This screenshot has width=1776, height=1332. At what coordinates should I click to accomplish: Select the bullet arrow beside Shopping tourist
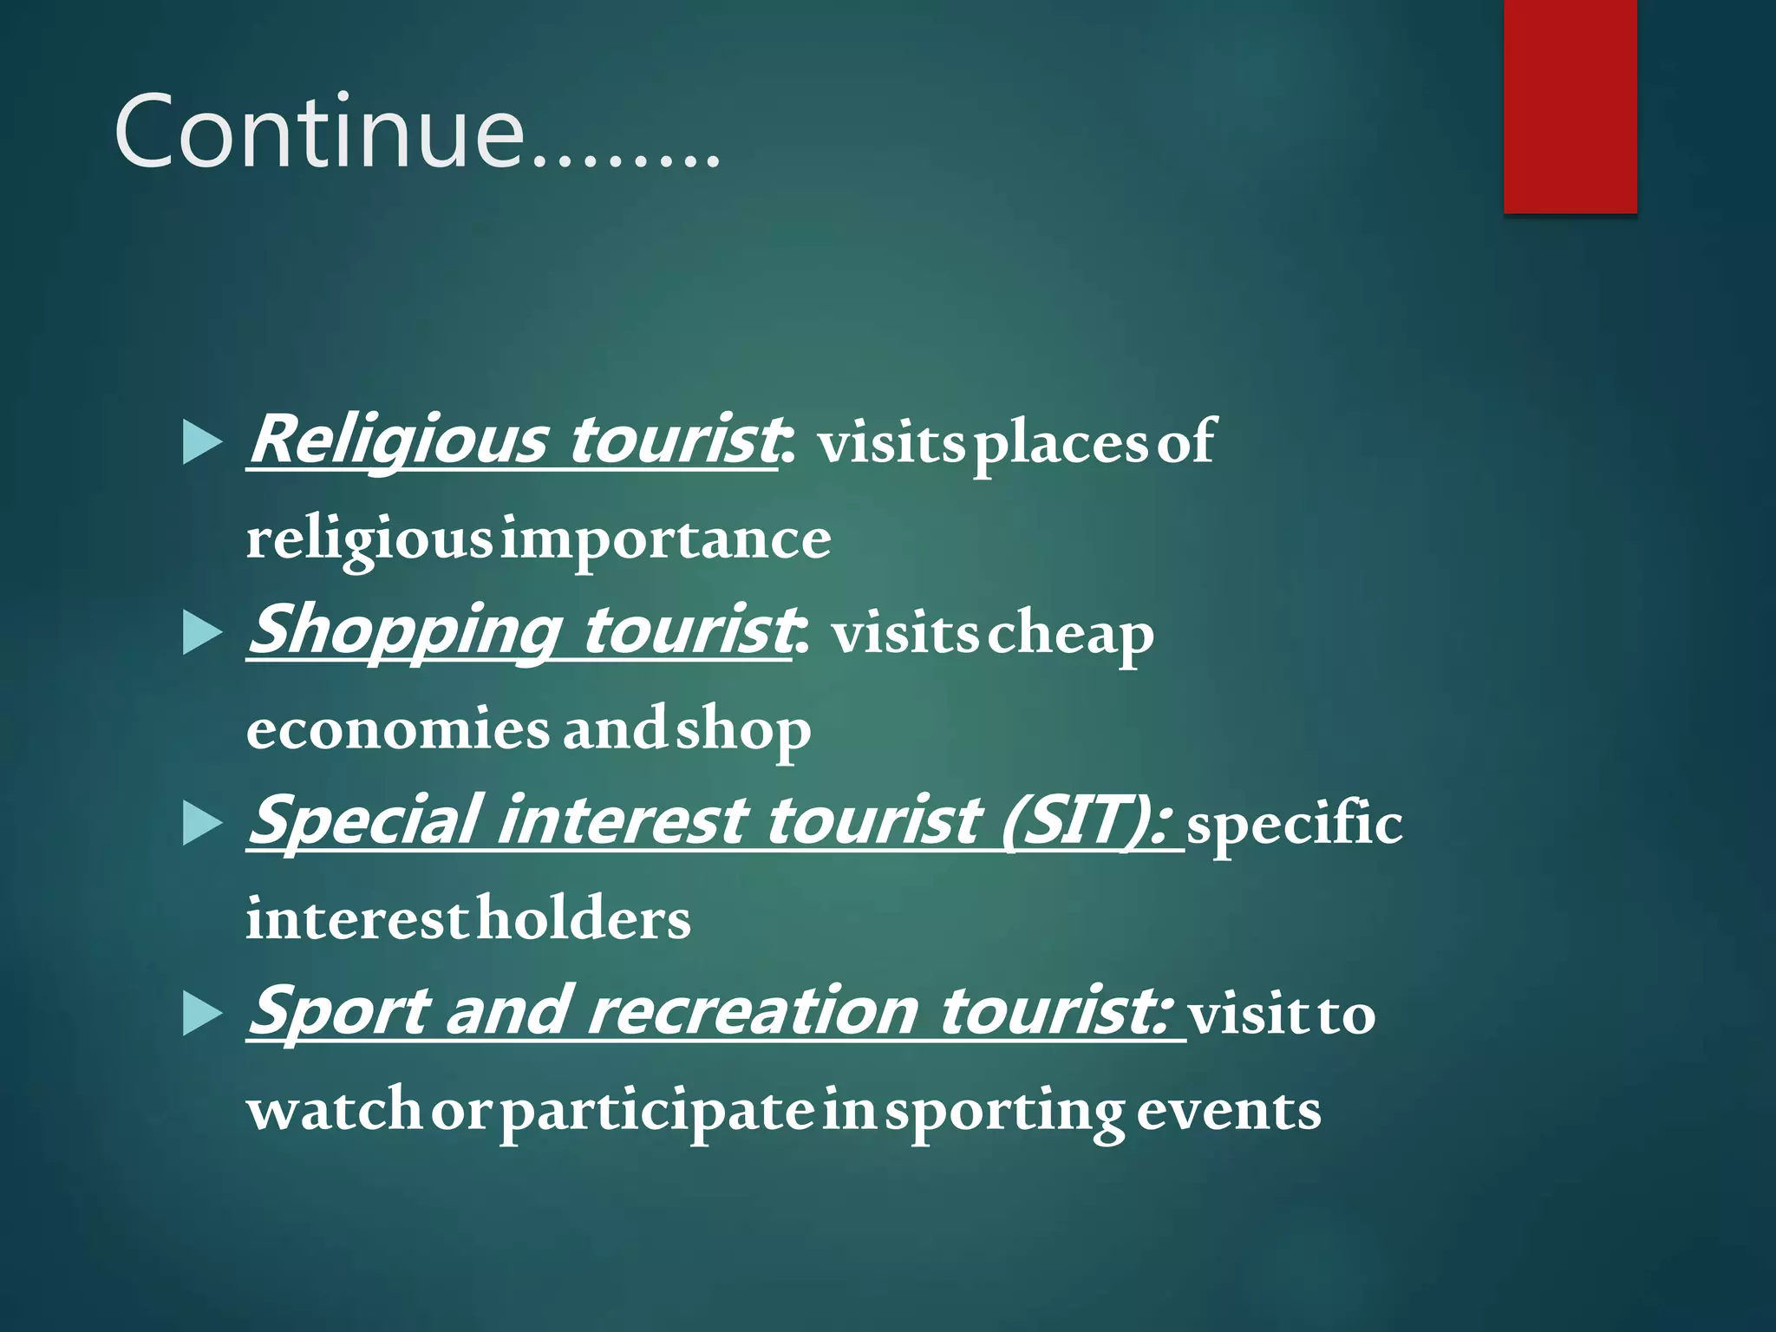tap(203, 633)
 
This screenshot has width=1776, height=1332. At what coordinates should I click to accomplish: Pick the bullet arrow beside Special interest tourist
tap(203, 823)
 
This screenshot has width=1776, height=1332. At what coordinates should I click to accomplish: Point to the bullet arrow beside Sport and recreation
tap(203, 1014)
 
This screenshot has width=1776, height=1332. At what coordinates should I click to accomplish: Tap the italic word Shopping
tap(404, 631)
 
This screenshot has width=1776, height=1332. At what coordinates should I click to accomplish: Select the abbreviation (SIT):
tap(1088, 820)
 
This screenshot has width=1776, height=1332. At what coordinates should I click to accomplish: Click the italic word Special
tap(364, 820)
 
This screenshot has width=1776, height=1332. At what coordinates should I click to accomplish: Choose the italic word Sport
tap(338, 1011)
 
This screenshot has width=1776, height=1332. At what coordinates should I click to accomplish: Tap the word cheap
tap(1072, 635)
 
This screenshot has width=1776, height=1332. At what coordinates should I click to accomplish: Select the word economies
tap(397, 729)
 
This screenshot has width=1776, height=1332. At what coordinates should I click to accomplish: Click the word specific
tap(1294, 824)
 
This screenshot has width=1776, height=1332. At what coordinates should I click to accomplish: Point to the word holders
tap(584, 919)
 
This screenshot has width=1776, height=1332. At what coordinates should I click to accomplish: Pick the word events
tap(1229, 1110)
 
